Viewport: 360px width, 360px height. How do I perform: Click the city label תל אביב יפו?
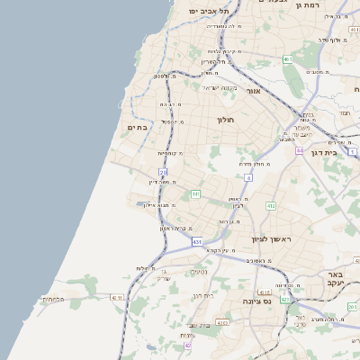click(208, 10)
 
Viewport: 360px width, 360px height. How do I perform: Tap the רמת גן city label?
click(307, 5)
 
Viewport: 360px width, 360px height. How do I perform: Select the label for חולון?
click(224, 119)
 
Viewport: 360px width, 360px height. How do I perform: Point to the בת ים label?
click(138, 128)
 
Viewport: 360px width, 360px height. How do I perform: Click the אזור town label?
click(253, 91)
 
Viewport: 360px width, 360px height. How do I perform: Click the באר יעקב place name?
click(335, 278)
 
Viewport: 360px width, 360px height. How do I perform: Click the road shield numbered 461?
click(288, 59)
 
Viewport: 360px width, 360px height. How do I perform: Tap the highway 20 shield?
click(163, 171)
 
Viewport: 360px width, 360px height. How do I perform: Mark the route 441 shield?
click(195, 193)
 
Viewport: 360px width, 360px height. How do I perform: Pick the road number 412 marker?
click(270, 206)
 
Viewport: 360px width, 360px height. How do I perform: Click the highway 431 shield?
click(197, 242)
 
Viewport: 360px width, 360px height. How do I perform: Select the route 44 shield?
click(299, 150)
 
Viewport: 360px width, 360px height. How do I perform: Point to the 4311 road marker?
click(116, 296)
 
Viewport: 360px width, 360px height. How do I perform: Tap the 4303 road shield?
click(222, 321)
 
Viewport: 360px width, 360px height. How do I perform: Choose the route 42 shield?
click(188, 345)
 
